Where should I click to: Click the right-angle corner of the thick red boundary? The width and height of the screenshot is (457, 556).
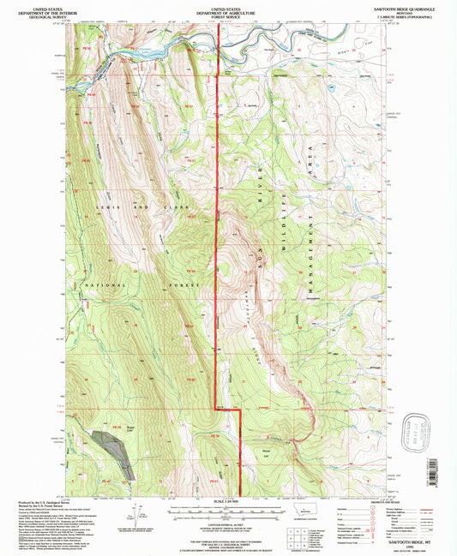tap(238, 411)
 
